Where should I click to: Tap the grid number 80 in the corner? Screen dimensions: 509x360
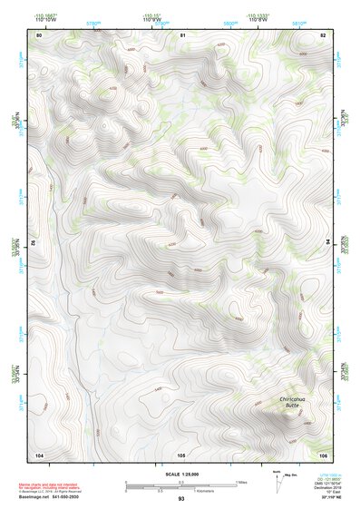39,34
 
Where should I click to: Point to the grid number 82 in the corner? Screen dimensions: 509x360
323,34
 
